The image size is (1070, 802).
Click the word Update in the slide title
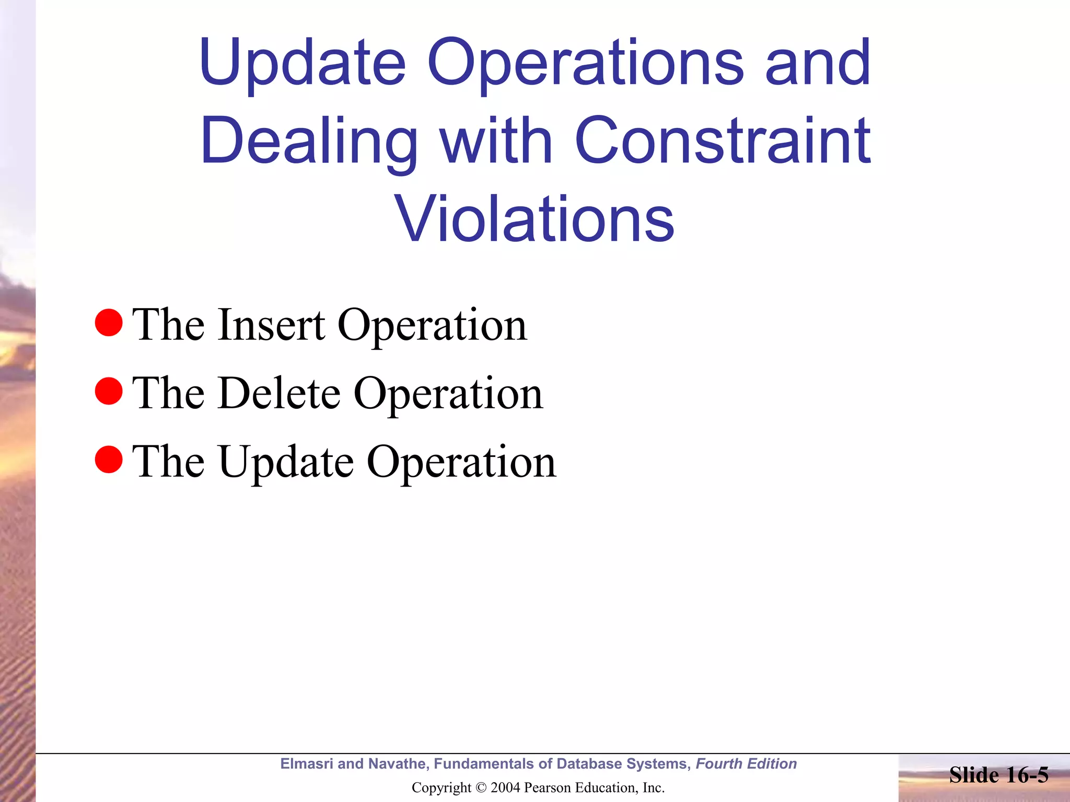coord(302,64)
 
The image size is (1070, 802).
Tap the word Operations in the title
coord(585,64)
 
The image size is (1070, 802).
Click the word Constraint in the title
coord(723,141)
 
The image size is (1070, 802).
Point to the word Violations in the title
coord(534,219)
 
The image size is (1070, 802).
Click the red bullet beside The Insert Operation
coord(109,322)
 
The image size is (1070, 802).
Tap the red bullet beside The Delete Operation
coord(109,391)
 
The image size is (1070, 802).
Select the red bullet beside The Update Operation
coord(109,459)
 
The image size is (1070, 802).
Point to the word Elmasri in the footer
coord(307,764)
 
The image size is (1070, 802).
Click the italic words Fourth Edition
coord(746,764)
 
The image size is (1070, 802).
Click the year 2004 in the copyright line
coord(505,788)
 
